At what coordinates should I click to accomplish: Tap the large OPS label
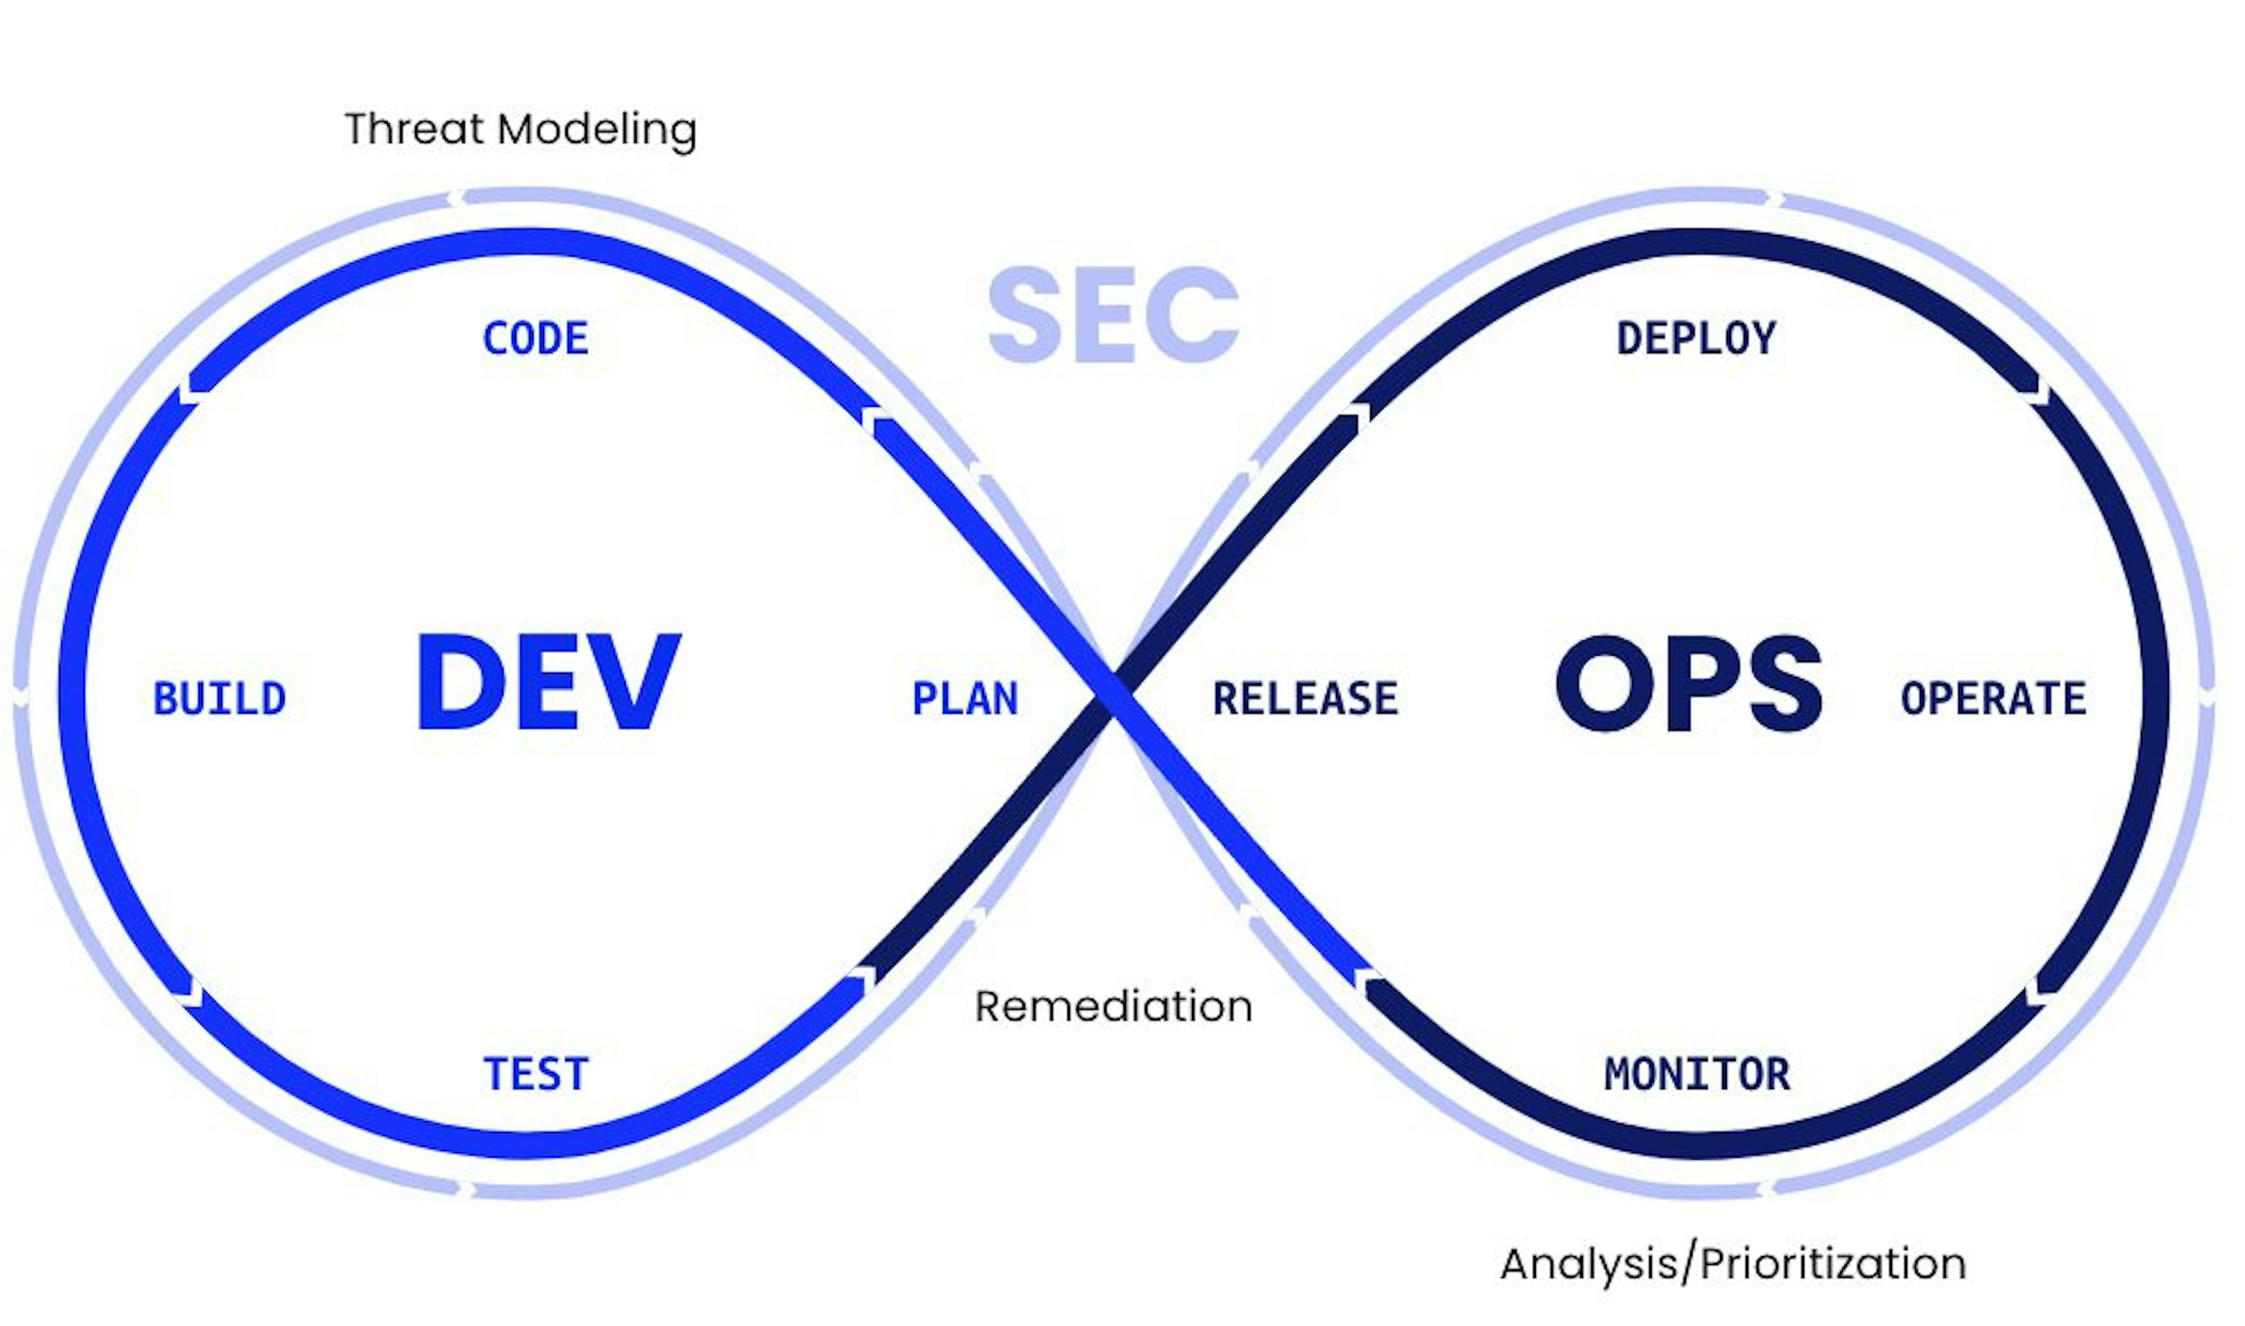[1688, 684]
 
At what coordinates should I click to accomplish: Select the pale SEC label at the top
[1113, 314]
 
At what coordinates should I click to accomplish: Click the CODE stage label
[536, 338]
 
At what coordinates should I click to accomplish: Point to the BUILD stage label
[220, 699]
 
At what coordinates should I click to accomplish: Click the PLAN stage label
[965, 699]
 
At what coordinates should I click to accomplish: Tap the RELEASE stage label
[1305, 699]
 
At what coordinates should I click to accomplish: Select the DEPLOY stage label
[1696, 338]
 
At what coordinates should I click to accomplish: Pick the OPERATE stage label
[1993, 699]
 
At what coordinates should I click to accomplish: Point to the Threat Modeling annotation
[520, 130]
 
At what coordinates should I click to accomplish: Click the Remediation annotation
[1113, 1007]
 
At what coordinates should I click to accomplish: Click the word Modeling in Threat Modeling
[596, 130]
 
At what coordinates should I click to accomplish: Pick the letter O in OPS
[1600, 684]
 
